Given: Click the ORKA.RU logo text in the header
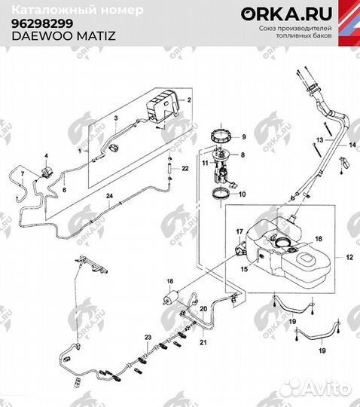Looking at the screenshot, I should point(277,14).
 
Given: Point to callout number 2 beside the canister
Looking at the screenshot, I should point(189,99).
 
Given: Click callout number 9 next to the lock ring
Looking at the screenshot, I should point(243,136).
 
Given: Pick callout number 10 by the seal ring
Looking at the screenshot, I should point(243,194).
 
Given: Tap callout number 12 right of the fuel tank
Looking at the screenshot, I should point(349,257).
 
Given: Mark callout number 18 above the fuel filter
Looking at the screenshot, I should point(170,280).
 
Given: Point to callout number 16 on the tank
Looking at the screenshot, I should point(319,238).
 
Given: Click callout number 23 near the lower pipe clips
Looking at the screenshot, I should point(148,335).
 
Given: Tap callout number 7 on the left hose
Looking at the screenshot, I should point(22,175).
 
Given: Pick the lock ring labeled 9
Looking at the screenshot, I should point(221,136).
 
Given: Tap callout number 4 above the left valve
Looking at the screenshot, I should point(45,155).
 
